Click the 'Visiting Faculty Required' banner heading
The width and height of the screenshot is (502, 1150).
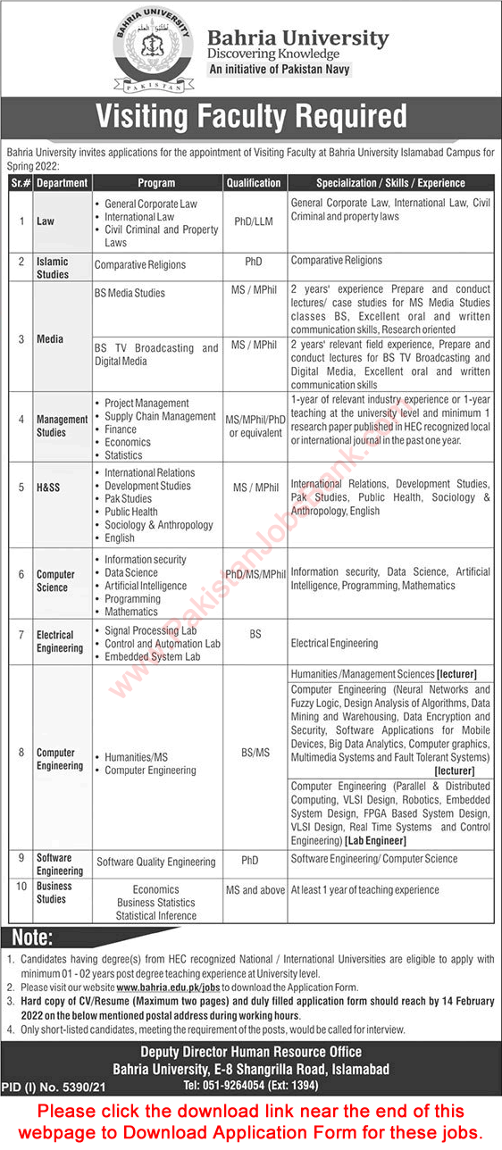[251, 116]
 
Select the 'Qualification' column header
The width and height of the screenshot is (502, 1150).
[254, 183]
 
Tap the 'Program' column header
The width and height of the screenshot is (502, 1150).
[156, 183]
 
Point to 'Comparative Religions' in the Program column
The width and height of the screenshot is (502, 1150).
[140, 265]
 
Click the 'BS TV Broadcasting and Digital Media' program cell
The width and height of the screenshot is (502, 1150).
[156, 355]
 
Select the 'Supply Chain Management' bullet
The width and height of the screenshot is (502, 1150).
[160, 416]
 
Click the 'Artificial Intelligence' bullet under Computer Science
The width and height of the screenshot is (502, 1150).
[146, 586]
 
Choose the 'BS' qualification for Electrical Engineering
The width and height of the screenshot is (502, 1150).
[255, 633]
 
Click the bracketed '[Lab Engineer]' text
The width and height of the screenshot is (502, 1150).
[373, 841]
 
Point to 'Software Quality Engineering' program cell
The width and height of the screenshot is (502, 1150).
[156, 862]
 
